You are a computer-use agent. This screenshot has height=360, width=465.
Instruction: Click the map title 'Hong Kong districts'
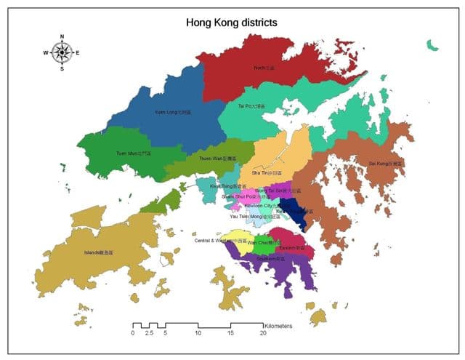pos(231,23)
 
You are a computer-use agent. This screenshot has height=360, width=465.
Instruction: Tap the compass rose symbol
pos(62,52)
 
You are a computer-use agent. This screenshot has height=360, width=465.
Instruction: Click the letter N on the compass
pos(62,36)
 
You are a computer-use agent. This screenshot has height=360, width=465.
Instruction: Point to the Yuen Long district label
pos(173,113)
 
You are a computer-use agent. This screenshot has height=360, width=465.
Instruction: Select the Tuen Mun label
pos(134,153)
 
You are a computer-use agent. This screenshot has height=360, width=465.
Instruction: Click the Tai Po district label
pos(251,106)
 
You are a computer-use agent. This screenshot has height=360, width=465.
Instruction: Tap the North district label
pos(264,68)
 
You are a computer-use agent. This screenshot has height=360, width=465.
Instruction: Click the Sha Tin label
pos(264,173)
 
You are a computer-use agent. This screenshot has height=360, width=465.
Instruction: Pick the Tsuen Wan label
pos(217,158)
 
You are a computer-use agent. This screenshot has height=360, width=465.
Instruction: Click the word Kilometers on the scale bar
pos(279,327)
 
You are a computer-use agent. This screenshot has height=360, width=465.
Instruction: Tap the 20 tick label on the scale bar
pos(263,333)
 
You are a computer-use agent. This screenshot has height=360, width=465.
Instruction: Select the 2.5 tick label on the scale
pos(148,333)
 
